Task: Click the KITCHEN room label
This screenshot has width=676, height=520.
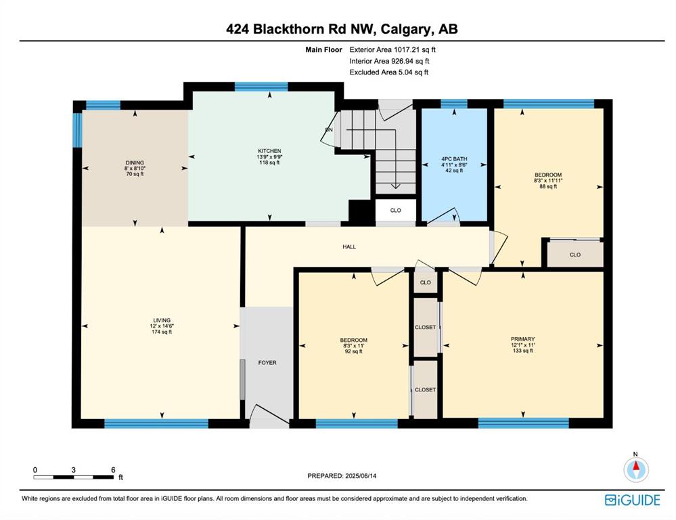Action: pos(269,151)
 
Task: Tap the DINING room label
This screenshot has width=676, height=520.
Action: pos(135,162)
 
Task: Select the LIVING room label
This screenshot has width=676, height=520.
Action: pos(162,321)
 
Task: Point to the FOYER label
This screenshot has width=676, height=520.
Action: pos(267,363)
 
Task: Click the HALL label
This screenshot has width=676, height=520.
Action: pos(349,247)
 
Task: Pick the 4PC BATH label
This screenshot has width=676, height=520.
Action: pos(454,159)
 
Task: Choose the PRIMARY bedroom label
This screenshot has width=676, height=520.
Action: pos(522,339)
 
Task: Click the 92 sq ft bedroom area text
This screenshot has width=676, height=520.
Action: pos(353,351)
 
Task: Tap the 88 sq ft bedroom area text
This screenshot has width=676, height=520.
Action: pos(548,186)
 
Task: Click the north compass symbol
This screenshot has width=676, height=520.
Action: pos(636,469)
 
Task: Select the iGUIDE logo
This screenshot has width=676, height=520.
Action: pos(632,500)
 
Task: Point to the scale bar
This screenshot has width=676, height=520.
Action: pos(74,477)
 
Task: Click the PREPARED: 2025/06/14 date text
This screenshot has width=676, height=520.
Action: pos(342,476)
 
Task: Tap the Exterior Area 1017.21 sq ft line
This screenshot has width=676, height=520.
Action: pos(392,49)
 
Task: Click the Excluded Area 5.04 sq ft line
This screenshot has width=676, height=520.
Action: pos(389,72)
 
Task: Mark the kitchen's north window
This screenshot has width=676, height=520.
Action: pos(261,87)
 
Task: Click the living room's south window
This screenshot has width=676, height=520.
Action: pos(156,423)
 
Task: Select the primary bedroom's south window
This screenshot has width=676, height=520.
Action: pos(523,423)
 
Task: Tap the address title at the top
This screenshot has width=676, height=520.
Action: pos(342,29)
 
